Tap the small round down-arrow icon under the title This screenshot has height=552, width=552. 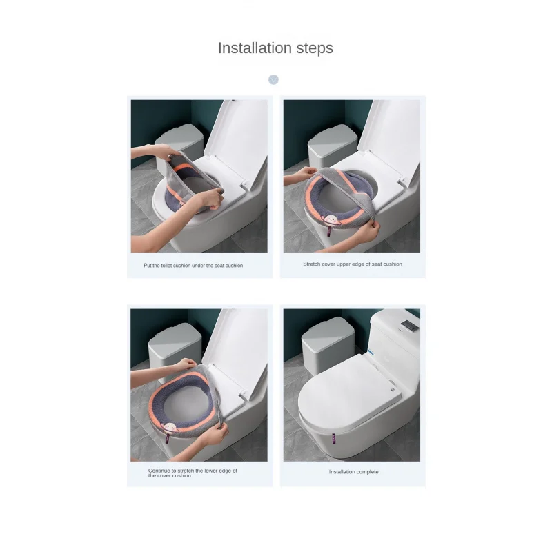[273, 79]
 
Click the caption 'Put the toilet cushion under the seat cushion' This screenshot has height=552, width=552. [193, 266]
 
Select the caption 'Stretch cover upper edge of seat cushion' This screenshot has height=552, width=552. [353, 264]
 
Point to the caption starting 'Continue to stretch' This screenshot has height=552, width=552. [193, 473]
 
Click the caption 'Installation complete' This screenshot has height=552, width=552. [354, 472]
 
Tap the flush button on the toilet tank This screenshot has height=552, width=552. [411, 324]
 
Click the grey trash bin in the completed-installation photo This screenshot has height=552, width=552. [328, 346]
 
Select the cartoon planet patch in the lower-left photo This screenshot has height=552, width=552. [170, 427]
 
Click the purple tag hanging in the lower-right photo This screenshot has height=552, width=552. [333, 439]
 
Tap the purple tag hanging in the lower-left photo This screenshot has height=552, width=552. [168, 439]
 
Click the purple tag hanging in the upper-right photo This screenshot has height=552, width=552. [330, 231]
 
